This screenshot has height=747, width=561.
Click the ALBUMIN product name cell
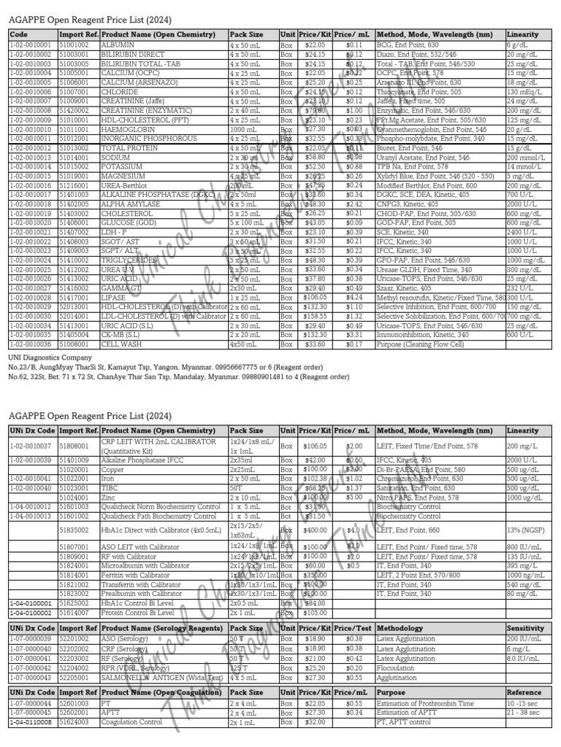click(118, 44)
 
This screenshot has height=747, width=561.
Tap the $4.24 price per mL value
click(354, 298)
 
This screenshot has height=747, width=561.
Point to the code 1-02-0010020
click(30, 222)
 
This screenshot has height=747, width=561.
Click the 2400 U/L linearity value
click(520, 232)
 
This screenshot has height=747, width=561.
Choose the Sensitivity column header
click(526, 628)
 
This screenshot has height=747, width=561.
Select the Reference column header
click(524, 692)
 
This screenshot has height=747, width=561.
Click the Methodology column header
click(400, 628)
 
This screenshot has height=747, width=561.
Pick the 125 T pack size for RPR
click(237, 667)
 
